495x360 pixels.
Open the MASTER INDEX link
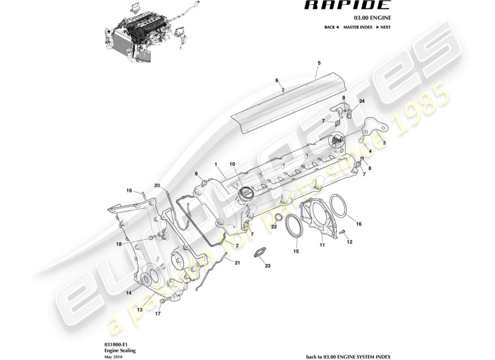[357, 27]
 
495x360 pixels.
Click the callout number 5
[319, 63]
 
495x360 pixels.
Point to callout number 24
[362, 101]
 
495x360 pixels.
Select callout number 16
[359, 224]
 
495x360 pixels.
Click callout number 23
[267, 266]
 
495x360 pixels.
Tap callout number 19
[129, 190]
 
